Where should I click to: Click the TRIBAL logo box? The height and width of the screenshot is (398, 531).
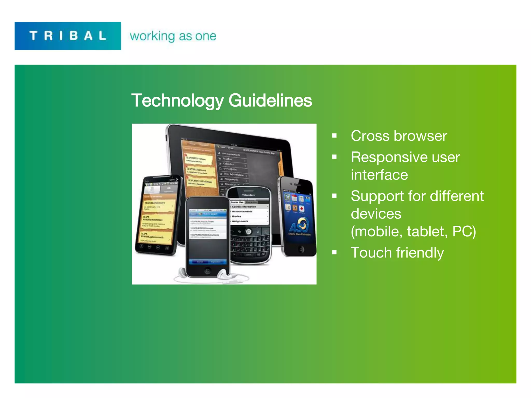click(68, 36)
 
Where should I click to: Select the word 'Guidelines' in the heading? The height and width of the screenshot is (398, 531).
click(270, 101)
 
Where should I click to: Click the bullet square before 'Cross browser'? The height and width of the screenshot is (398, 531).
click(334, 136)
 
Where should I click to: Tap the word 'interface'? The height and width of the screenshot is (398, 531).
click(379, 175)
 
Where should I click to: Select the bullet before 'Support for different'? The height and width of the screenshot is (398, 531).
click(334, 196)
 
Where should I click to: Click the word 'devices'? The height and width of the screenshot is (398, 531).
click(376, 214)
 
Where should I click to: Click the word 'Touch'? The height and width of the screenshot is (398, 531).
click(371, 253)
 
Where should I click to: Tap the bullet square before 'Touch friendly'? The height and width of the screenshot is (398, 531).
click(334, 252)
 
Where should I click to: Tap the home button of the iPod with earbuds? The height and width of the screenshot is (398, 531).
click(207, 271)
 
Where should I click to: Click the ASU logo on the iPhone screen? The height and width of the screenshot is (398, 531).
click(299, 225)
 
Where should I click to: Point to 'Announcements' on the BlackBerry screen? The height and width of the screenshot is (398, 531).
click(242, 211)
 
